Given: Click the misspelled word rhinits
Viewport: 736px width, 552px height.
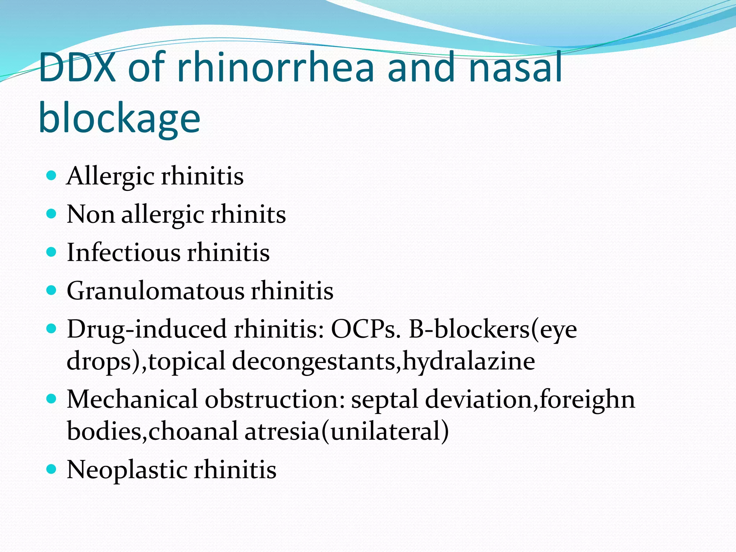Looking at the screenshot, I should (248, 215).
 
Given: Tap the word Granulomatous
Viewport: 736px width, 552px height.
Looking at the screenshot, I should (155, 290).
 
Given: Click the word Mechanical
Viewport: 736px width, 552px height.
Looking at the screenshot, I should (132, 399).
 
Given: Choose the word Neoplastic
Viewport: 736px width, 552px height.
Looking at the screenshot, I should (127, 469).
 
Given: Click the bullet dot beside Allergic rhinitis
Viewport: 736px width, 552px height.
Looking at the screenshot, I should (52, 176).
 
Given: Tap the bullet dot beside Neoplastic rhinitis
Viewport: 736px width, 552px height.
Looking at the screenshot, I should (52, 469).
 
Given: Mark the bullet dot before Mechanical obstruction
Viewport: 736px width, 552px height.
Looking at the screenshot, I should (52, 399).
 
